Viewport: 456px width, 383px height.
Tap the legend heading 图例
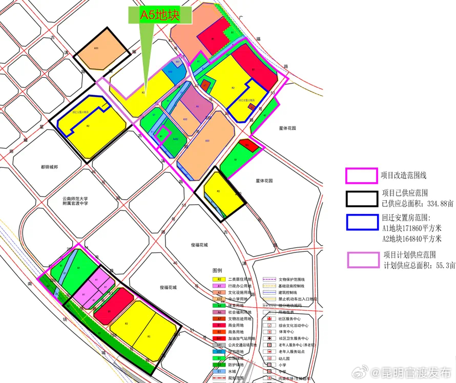pos(217,270)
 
